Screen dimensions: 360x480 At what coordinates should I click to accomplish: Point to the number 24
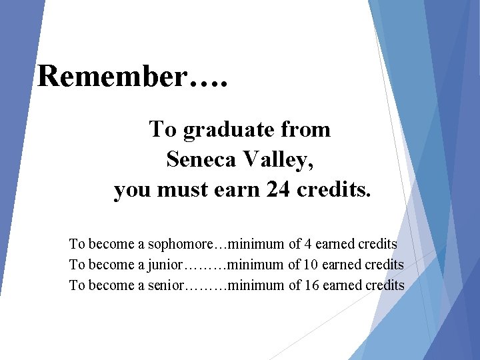point(278,191)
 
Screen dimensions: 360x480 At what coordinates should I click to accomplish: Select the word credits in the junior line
point(385,265)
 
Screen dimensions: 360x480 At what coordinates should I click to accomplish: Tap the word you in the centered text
point(132,191)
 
